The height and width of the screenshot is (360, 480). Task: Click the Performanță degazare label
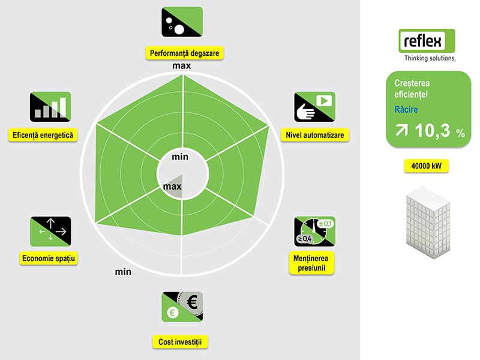pyautogui.click(x=184, y=53)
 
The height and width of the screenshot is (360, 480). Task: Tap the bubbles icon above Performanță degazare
pyautogui.click(x=182, y=22)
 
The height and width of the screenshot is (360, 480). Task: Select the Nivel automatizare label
pyautogui.click(x=314, y=135)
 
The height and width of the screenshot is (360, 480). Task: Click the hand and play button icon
pyautogui.click(x=314, y=107)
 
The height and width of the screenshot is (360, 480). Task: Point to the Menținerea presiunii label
pyautogui.click(x=311, y=263)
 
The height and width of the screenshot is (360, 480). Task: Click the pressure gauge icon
pyautogui.click(x=314, y=232)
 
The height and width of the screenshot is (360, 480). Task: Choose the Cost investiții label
pyautogui.click(x=180, y=342)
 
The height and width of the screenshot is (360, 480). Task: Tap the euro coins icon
pyautogui.click(x=182, y=307)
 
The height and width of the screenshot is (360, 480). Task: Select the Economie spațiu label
pyautogui.click(x=49, y=259)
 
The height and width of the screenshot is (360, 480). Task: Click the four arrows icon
pyautogui.click(x=50, y=232)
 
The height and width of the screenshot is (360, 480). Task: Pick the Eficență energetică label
pyautogui.click(x=43, y=135)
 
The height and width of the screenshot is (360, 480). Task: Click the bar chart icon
pyautogui.click(x=50, y=107)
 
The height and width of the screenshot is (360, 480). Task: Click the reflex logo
pyautogui.click(x=427, y=41)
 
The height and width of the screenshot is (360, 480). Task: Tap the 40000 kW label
pyautogui.click(x=427, y=166)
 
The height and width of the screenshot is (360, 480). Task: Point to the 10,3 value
pyautogui.click(x=433, y=131)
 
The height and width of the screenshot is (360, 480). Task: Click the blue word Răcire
pyautogui.click(x=406, y=109)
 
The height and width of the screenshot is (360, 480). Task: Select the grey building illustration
pyautogui.click(x=428, y=223)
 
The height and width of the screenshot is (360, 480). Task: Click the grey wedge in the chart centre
pyautogui.click(x=175, y=187)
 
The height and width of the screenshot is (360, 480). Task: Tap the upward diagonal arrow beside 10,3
pyautogui.click(x=401, y=130)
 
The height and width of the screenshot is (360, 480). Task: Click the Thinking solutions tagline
pyautogui.click(x=430, y=58)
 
